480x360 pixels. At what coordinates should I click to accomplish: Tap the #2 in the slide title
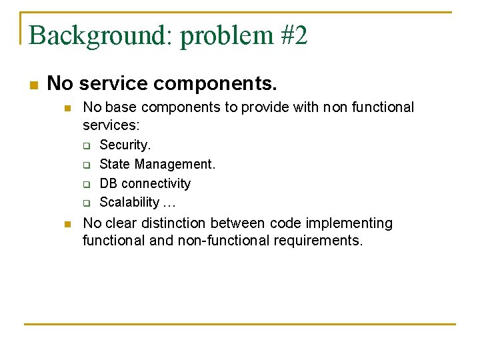293,35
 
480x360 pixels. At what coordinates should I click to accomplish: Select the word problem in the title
226,37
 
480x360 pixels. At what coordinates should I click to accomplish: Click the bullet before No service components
34,85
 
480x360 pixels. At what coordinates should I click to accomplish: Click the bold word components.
215,84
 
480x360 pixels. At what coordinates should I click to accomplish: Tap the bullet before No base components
67,108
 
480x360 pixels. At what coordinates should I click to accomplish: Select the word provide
265,108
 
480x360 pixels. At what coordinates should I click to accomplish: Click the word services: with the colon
111,125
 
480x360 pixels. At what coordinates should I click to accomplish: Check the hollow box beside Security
87,146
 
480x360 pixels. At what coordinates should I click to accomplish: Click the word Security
125,145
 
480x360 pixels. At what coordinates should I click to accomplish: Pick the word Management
175,165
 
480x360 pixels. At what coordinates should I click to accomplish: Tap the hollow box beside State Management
87,165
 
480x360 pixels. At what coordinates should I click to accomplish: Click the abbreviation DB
109,183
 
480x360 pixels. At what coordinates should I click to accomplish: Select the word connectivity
156,184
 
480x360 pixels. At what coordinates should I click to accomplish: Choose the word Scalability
129,203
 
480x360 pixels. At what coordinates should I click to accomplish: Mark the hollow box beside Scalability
87,203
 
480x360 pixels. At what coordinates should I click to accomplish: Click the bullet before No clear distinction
67,225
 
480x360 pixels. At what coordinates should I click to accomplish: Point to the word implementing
349,223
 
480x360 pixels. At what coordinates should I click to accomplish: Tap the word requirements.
318,241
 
